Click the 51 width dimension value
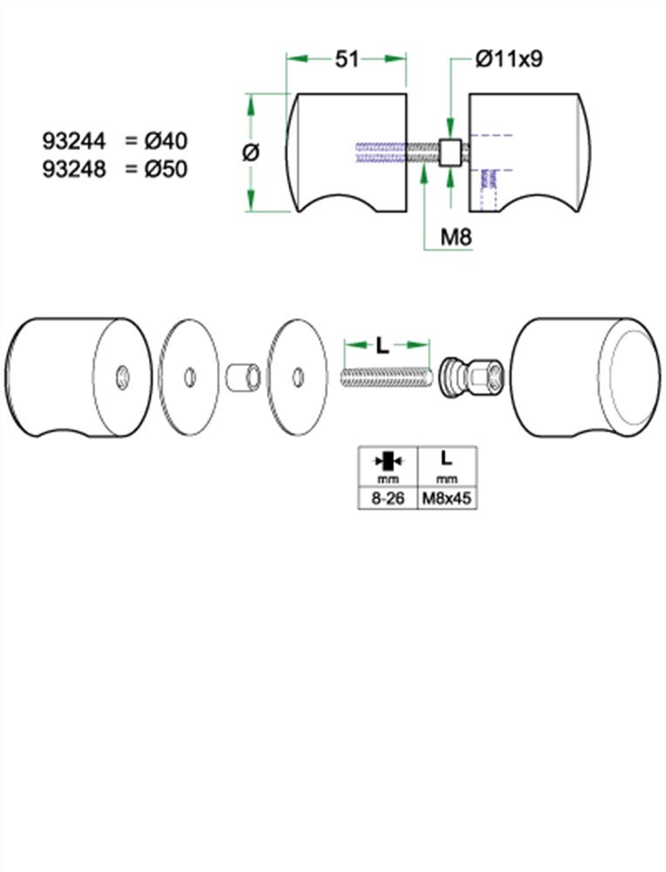tap(348, 59)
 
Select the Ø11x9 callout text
tap(510, 59)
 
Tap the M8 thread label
tap(457, 235)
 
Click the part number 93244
tap(73, 140)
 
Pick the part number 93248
tap(73, 168)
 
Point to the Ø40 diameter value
tap(166, 140)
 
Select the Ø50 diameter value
tap(166, 168)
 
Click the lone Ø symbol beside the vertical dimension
tap(249, 153)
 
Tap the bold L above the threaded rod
tap(383, 345)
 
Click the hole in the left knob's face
tap(123, 376)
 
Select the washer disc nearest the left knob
tap(189, 377)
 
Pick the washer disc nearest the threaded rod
tap(297, 377)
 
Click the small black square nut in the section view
tap(451, 153)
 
